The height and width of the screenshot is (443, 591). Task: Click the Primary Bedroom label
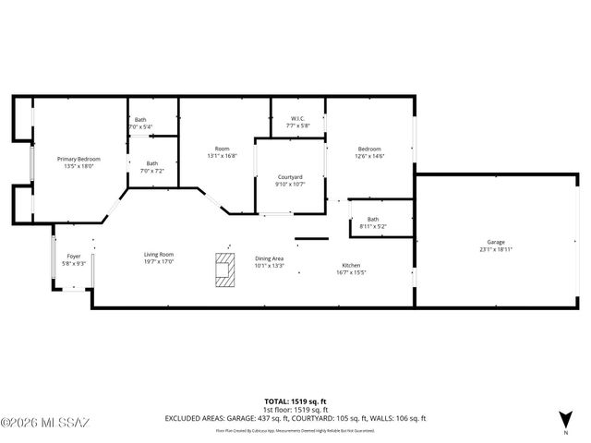pos(78,159)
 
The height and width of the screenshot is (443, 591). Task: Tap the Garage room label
pos(496,242)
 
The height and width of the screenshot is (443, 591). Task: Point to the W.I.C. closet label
pos(296,118)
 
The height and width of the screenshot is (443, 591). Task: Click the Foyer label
pos(74,257)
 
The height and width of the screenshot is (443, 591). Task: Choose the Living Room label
pos(158,255)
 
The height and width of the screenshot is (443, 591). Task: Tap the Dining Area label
pos(269,258)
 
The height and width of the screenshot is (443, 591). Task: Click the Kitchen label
pos(351,265)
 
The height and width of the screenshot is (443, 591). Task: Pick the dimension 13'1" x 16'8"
pos(222,156)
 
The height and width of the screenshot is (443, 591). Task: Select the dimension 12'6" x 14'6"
pos(368,156)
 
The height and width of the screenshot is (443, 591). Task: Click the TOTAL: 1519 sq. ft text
pos(295,401)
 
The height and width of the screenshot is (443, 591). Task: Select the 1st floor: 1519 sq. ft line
pos(295,409)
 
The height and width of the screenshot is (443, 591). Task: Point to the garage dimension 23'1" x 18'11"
pos(496,249)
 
